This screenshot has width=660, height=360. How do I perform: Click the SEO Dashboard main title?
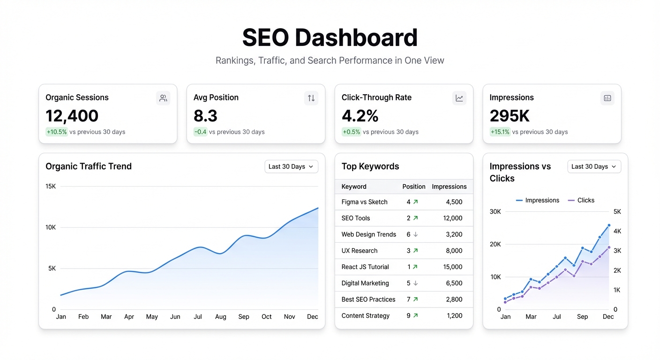[330, 37]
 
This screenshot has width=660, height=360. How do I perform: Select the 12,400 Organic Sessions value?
[72, 116]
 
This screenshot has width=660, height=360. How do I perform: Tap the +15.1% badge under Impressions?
[500, 132]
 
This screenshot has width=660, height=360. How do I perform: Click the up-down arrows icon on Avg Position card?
[311, 98]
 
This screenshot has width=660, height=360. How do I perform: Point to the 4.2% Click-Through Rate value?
[360, 116]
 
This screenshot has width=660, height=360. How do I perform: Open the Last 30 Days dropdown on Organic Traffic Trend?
[291, 166]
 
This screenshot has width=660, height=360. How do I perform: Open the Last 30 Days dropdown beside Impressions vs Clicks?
[594, 166]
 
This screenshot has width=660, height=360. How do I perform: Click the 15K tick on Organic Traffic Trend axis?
[51, 186]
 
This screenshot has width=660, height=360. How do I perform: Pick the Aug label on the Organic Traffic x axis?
[221, 316]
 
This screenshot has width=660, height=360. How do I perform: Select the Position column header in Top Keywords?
[413, 187]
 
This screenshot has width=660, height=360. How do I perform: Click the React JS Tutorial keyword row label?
[365, 267]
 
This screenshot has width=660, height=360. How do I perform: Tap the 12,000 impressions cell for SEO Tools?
[453, 218]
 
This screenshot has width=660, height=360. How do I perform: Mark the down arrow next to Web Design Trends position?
[415, 234]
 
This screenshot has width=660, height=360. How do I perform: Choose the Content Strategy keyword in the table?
[365, 315]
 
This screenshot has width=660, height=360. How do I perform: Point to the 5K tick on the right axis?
[617, 211]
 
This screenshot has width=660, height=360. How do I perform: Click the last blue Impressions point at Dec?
[609, 225]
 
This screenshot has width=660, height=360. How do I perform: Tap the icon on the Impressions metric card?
[607, 98]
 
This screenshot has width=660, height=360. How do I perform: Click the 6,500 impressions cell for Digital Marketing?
[454, 283]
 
